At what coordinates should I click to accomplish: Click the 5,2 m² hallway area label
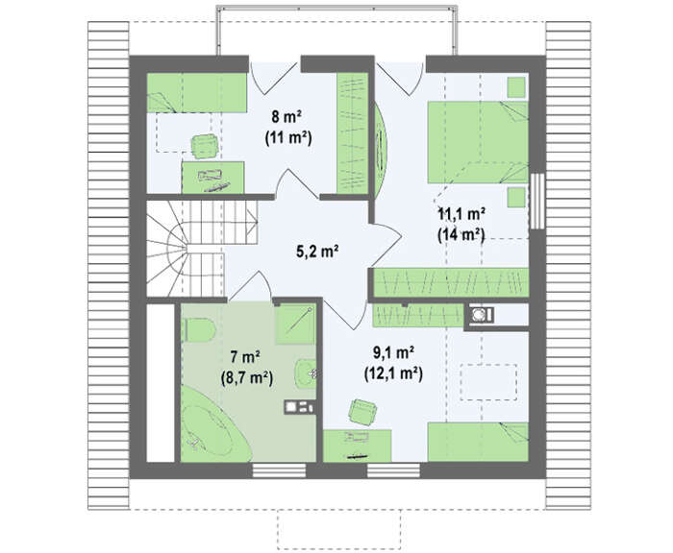tap(317, 252)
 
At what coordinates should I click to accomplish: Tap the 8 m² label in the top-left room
tap(287, 116)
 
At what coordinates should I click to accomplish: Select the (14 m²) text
tap(461, 235)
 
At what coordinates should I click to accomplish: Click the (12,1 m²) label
tap(393, 373)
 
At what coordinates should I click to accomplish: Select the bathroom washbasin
tap(306, 372)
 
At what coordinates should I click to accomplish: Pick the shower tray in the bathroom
tap(295, 325)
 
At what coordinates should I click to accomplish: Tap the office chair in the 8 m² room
tap(205, 146)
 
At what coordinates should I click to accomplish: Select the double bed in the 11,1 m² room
tap(477, 142)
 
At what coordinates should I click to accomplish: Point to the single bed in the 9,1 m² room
tap(478, 443)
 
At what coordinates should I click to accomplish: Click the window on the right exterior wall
tap(536, 201)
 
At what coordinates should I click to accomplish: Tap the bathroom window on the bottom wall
tap(279, 470)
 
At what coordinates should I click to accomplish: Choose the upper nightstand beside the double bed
tap(516, 87)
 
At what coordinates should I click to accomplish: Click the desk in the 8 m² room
tap(212, 177)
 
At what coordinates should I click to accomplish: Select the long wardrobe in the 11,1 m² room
tap(450, 282)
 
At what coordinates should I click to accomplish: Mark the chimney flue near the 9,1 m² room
tap(479, 315)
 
